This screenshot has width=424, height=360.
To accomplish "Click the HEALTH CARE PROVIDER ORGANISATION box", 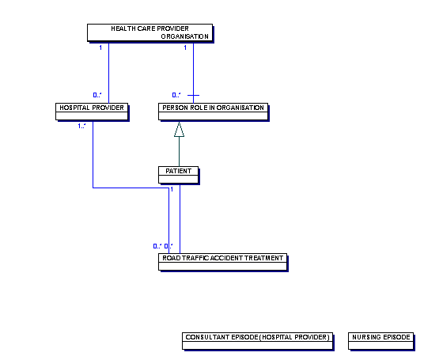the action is click(x=150, y=32).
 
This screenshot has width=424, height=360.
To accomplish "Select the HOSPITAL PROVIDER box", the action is click(x=92, y=112).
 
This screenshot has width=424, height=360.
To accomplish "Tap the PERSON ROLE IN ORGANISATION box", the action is click(x=213, y=112).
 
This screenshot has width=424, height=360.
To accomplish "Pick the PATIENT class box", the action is click(x=179, y=175).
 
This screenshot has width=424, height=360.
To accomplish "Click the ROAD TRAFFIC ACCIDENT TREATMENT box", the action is click(x=222, y=262).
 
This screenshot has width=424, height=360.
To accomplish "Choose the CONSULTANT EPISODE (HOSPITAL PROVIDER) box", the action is click(x=257, y=341).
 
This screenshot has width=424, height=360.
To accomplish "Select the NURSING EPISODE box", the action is click(x=381, y=341).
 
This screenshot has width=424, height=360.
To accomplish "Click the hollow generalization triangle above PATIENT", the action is click(x=179, y=130).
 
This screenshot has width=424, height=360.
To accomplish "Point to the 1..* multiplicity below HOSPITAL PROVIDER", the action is click(x=81, y=126).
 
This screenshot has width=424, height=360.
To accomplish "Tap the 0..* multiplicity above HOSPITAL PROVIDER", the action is click(x=97, y=95).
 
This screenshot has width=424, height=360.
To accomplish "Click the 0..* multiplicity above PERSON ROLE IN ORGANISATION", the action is click(x=176, y=95).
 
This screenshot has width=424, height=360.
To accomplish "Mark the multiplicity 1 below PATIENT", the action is click(x=172, y=189).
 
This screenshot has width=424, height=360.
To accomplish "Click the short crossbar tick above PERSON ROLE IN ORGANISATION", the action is click(x=193, y=95).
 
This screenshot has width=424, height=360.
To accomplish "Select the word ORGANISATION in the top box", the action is click(x=184, y=36).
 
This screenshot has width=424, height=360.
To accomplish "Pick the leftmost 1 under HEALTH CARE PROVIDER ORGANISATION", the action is click(x=100, y=47).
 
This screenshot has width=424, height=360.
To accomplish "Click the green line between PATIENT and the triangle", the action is click(x=179, y=151).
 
